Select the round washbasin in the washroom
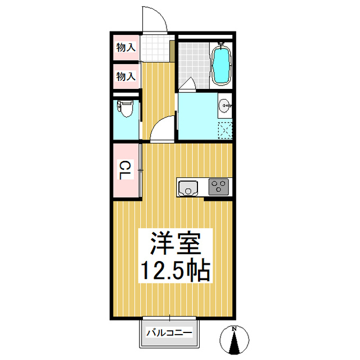226,104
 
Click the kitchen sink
187,187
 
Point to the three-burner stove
218,187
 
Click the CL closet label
124,170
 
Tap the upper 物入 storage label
126,48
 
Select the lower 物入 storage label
126,75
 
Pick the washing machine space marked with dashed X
225,130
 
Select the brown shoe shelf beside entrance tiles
171,51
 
